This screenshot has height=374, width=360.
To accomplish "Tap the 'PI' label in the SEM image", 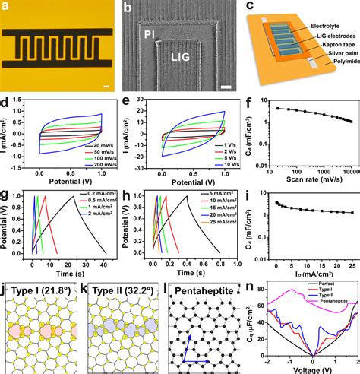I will point(149,33).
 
